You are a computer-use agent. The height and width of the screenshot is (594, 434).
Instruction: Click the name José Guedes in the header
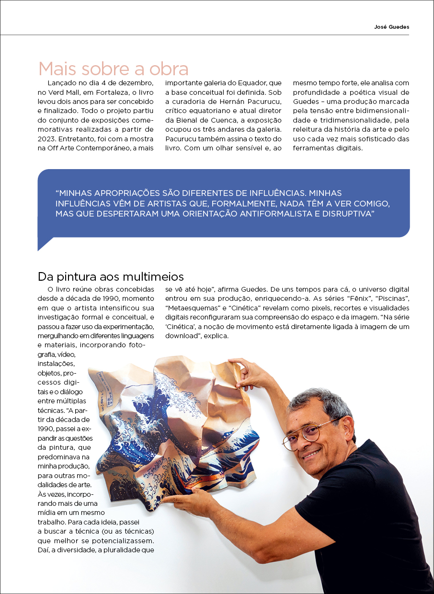tap(391, 27)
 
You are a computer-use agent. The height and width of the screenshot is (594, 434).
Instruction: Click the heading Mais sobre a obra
tap(113, 69)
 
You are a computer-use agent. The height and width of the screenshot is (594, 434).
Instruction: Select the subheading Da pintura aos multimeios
tap(111, 277)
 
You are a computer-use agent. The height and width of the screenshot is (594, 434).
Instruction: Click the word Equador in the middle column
tap(252, 82)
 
